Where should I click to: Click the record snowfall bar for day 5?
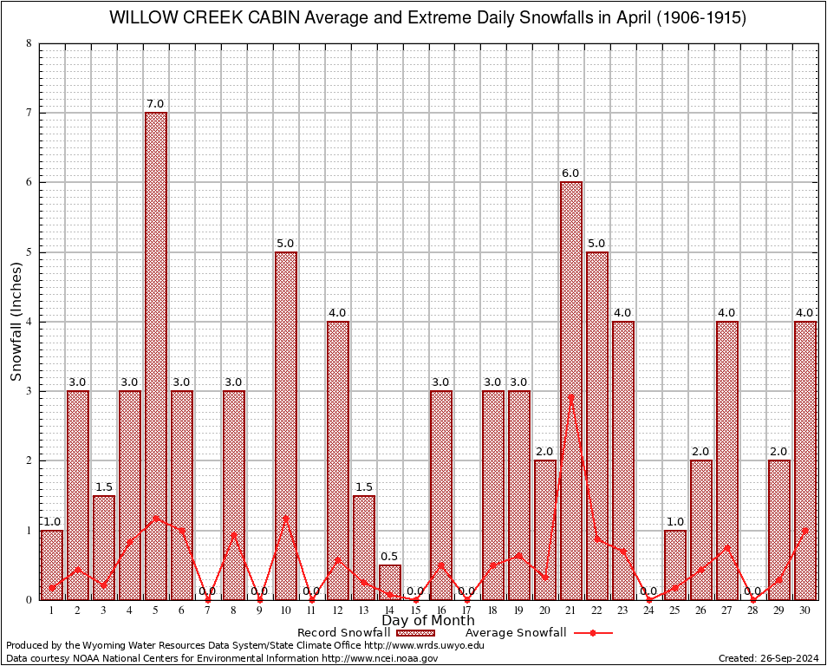click(x=156, y=356)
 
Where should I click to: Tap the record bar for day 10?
click(x=286, y=425)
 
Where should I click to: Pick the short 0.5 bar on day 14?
click(x=390, y=582)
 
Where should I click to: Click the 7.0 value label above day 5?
click(x=156, y=104)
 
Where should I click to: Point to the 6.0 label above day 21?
click(x=570, y=173)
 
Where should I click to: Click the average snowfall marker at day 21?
click(x=571, y=396)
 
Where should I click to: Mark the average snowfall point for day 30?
click(x=805, y=530)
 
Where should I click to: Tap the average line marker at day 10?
click(x=286, y=518)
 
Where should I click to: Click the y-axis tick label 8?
click(x=29, y=43)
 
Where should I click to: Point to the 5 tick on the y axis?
click(x=29, y=252)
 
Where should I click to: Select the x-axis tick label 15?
click(x=416, y=610)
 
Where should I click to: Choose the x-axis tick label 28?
click(x=753, y=610)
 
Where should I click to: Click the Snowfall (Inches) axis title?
click(x=16, y=321)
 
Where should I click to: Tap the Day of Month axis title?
click(x=428, y=621)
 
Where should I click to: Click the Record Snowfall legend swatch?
click(x=416, y=633)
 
